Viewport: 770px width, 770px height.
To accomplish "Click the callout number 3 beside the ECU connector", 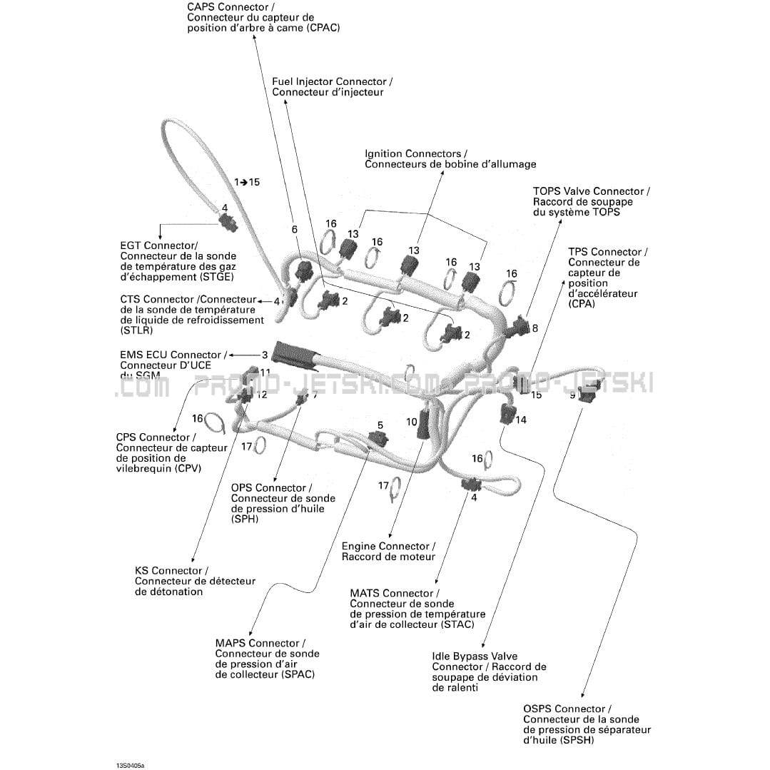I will point(265,355).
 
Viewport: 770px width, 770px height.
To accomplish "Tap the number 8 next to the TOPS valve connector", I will point(535,328).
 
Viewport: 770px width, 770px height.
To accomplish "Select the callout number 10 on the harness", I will point(412,422).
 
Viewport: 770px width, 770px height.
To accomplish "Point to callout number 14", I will point(521,420).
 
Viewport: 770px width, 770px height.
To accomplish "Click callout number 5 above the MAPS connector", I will point(380,425).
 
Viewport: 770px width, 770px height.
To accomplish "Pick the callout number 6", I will point(294,229).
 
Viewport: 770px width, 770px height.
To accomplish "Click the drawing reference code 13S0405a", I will point(131,765).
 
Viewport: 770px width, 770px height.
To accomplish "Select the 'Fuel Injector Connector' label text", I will point(329,82).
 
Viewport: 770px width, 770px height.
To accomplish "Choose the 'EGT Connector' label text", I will point(158,245).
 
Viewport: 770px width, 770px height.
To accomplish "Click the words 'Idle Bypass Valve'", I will point(475,657).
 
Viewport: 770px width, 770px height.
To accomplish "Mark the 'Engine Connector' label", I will point(386,547).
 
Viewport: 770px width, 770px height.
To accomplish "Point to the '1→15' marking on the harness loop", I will point(247,182).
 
